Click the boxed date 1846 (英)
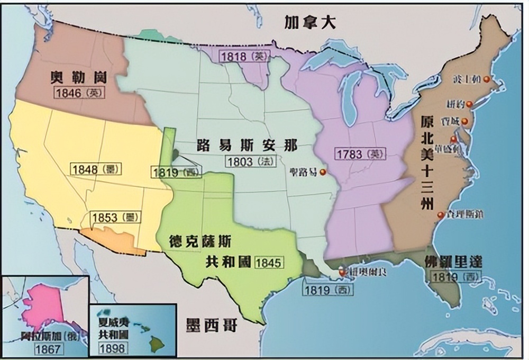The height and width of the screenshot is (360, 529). [x=79, y=93]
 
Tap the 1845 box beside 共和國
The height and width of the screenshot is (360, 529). [x=269, y=262]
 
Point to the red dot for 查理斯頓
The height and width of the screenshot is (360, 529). [x=440, y=215]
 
